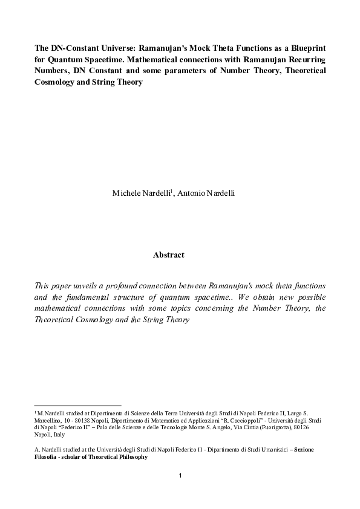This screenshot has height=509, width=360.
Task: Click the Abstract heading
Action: [169, 255]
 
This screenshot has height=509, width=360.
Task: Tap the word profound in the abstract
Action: [127, 285]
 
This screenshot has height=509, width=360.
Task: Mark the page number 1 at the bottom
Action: [180, 476]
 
